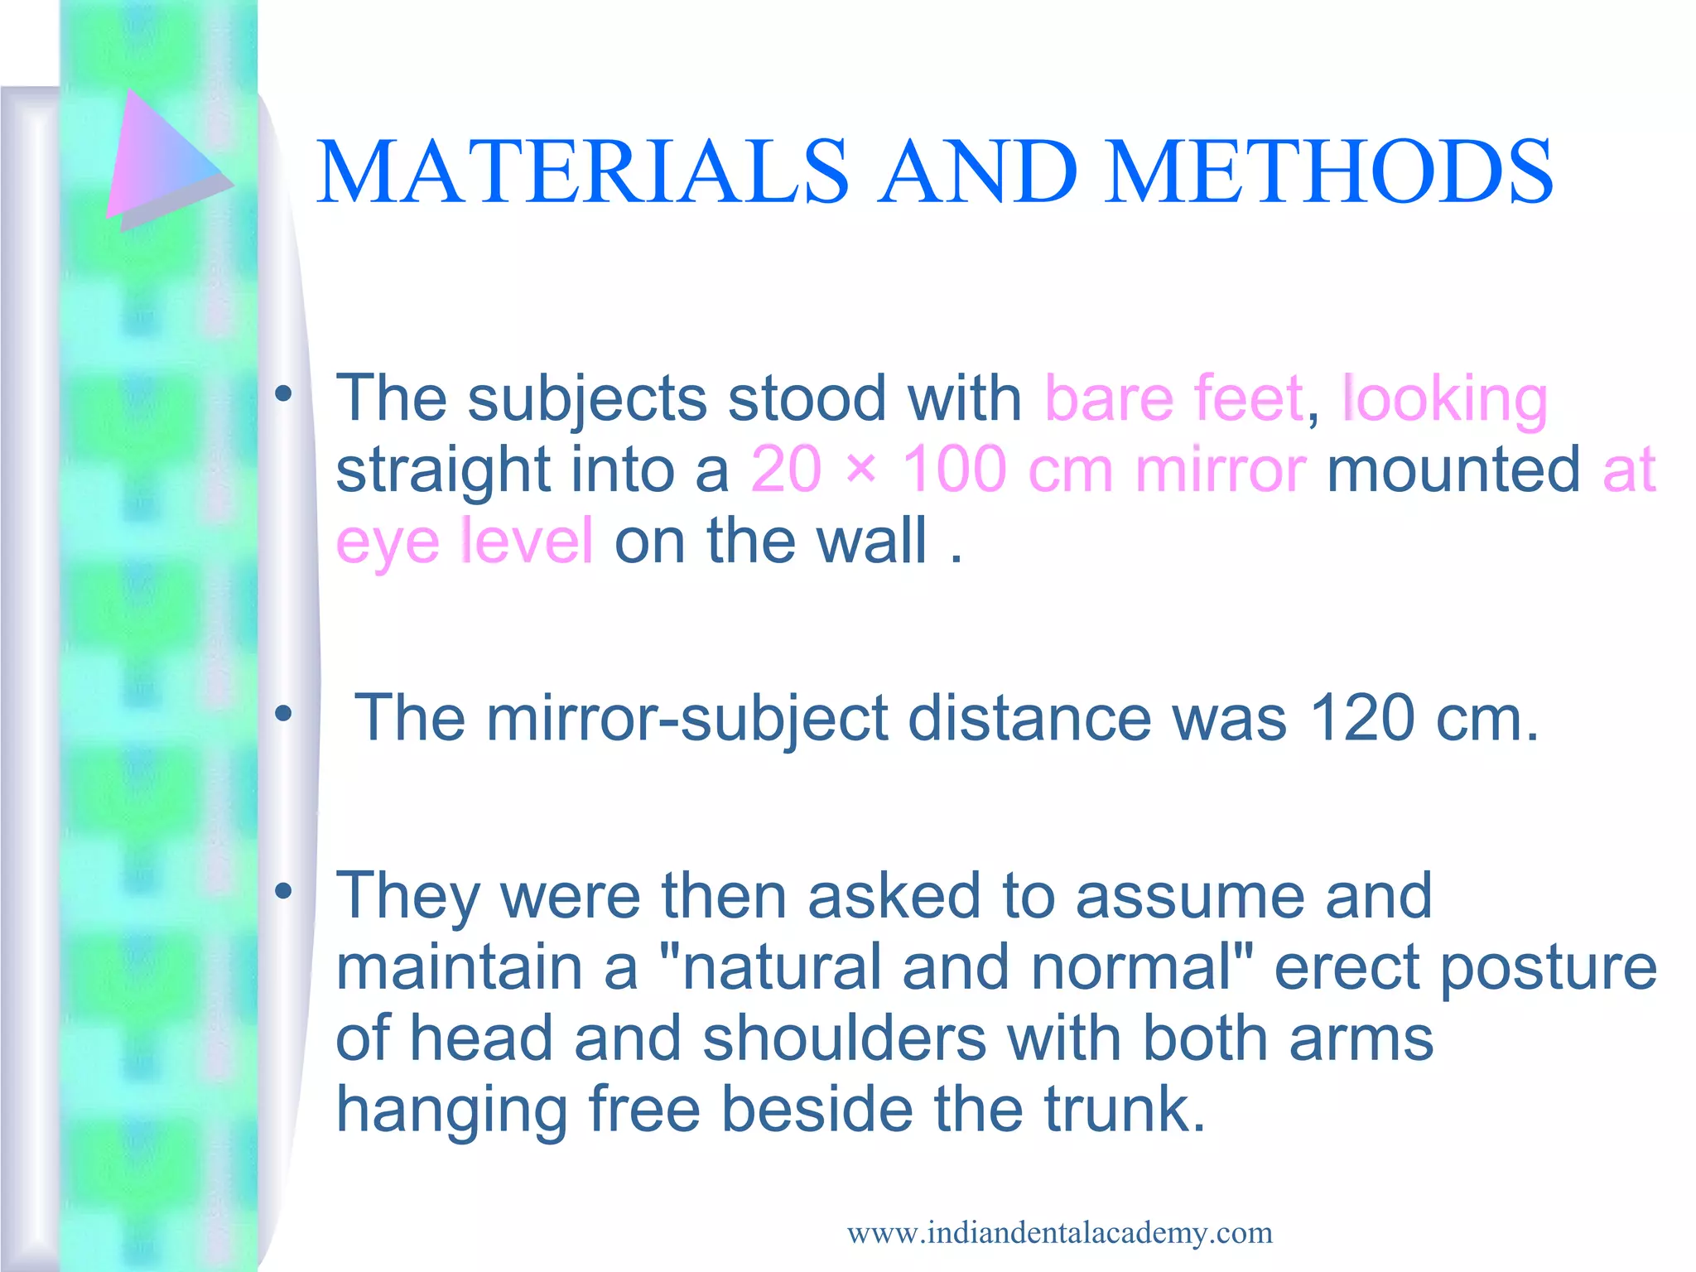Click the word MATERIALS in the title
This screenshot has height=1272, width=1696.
(582, 171)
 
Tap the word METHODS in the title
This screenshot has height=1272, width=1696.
(1328, 171)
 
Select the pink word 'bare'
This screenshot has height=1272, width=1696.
(1108, 398)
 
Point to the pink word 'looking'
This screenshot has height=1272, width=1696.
(1444, 400)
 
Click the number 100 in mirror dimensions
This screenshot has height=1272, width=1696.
(953, 470)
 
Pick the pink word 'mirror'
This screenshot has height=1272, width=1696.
(1221, 470)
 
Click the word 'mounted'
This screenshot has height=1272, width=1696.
(1453, 470)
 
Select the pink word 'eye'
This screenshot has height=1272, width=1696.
(387, 542)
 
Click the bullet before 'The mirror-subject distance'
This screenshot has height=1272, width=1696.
(284, 713)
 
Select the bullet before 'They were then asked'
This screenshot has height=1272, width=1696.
(284, 892)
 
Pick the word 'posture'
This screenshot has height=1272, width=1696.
(1548, 967)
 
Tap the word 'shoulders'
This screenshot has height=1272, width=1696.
(844, 1038)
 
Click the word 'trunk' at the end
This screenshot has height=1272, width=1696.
(1116, 1110)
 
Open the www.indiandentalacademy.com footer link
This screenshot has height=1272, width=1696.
(1059, 1233)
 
